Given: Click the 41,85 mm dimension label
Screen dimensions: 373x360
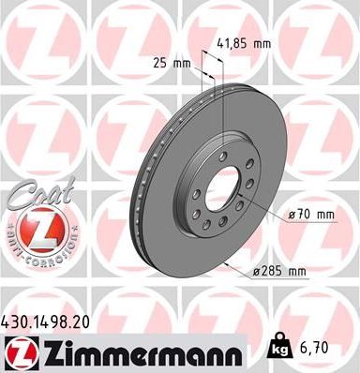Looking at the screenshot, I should (x=249, y=42).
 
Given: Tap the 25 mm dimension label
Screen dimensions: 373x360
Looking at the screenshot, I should (x=172, y=64).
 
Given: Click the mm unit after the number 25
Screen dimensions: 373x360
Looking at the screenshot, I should (x=183, y=64).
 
